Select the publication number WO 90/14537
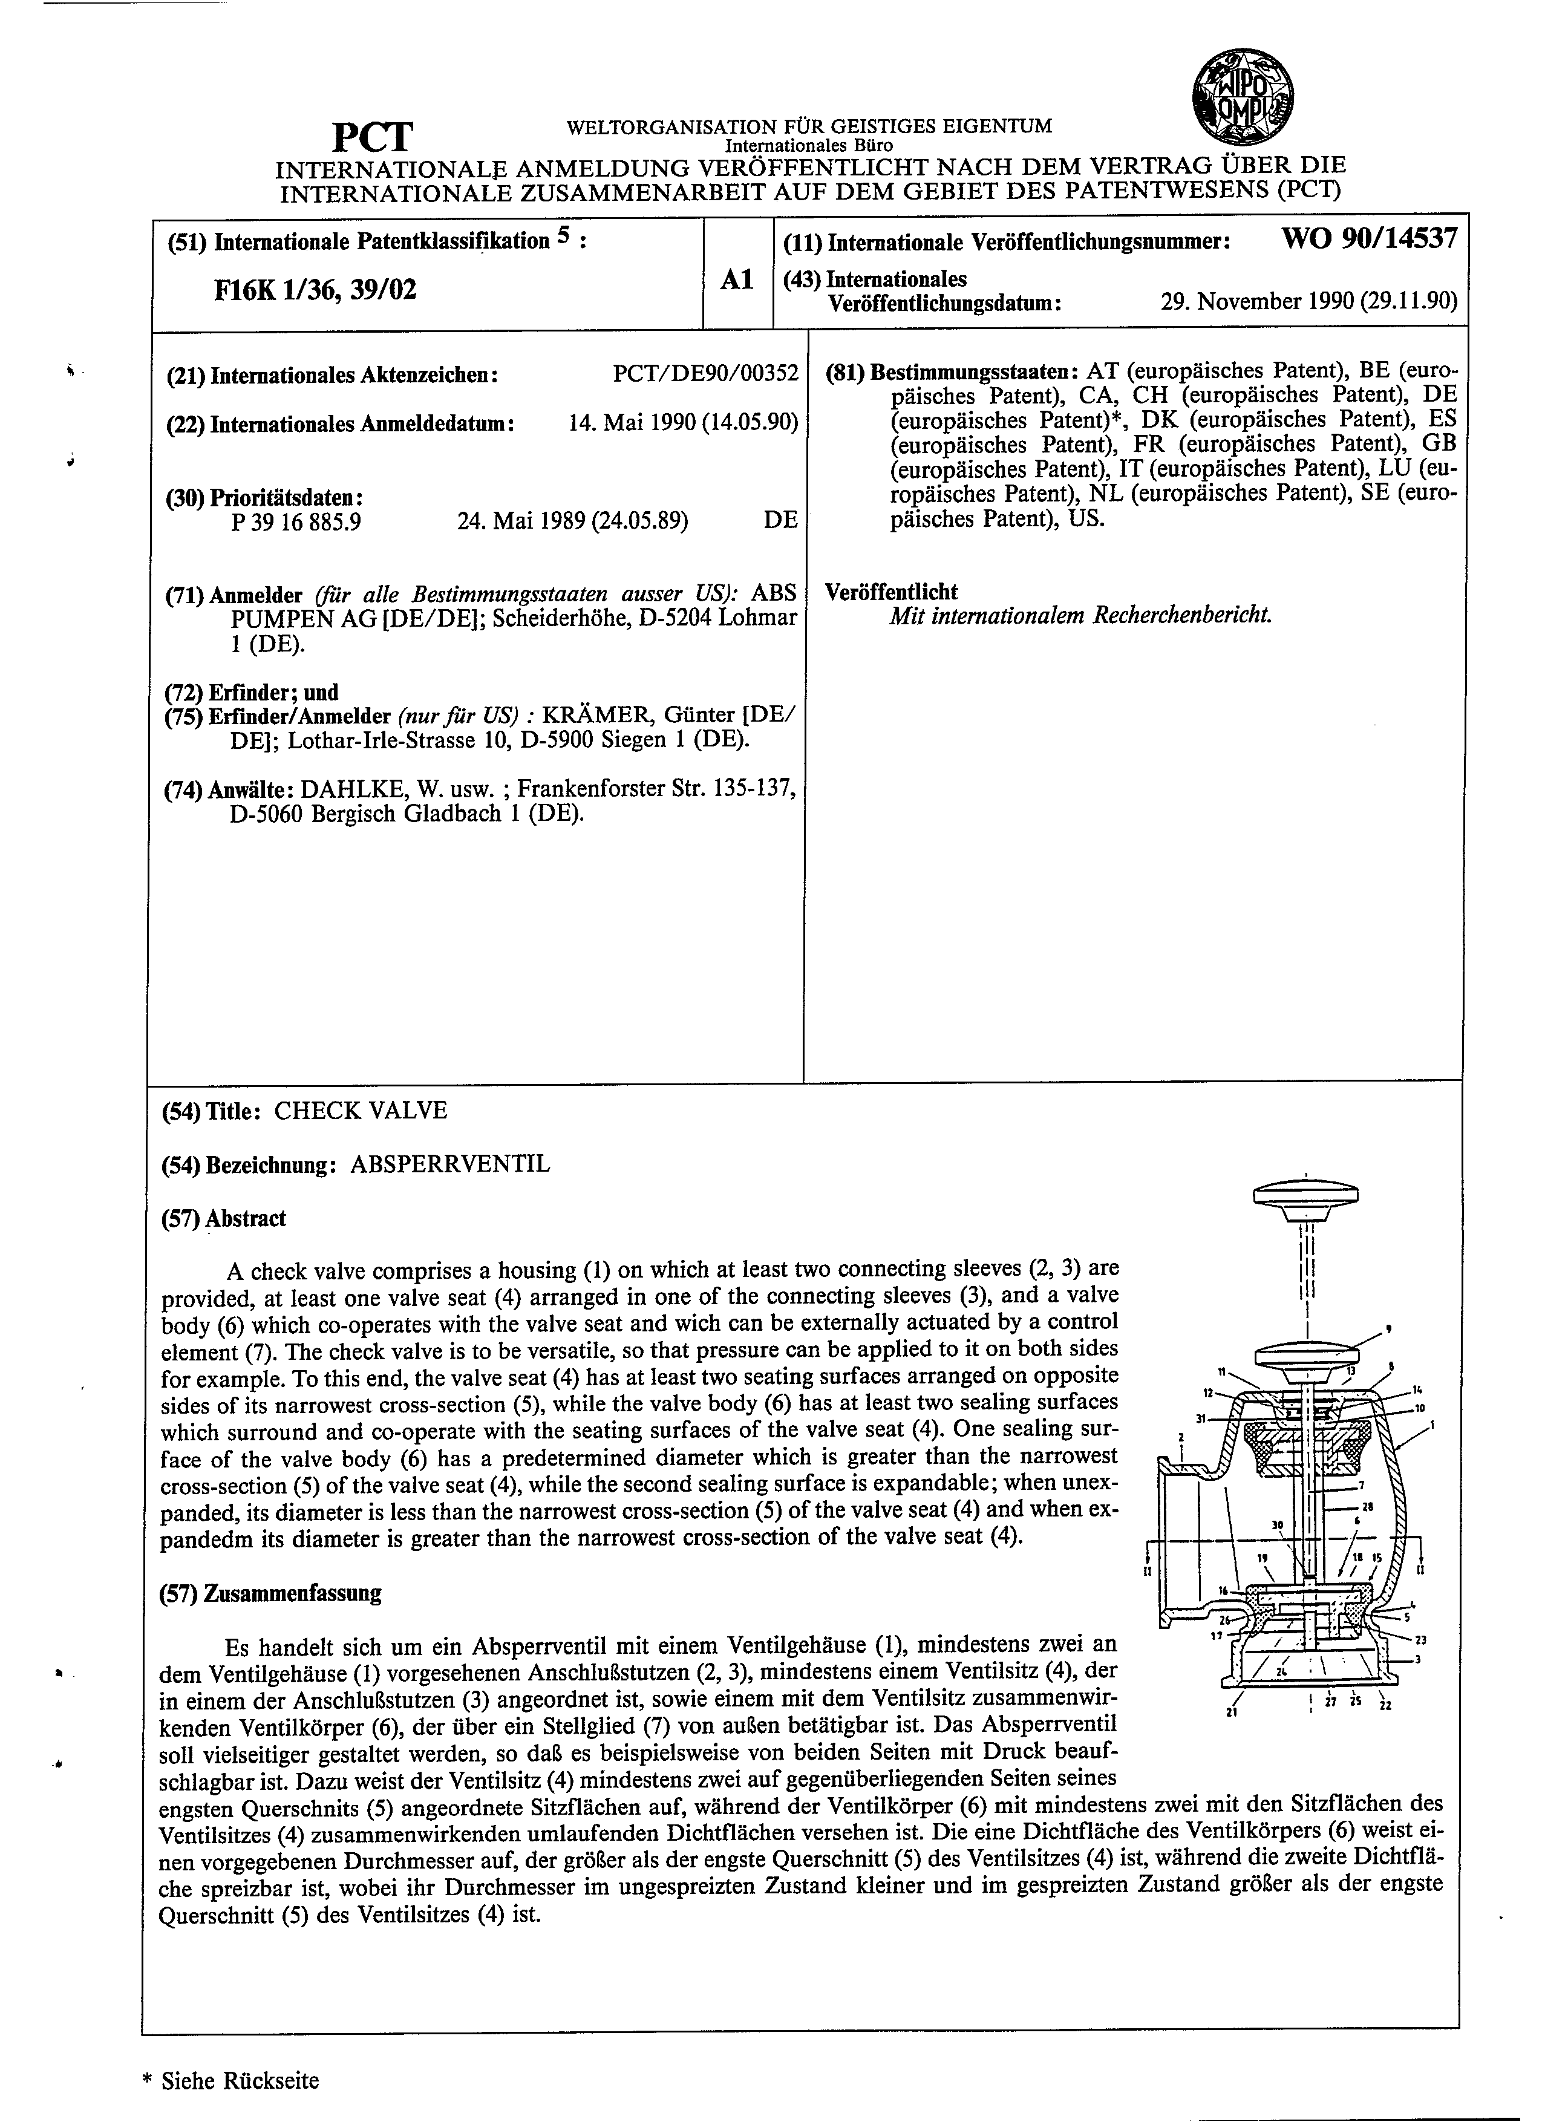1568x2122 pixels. pos(1369,239)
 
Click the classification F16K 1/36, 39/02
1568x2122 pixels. pos(315,289)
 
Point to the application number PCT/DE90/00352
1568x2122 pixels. pos(705,374)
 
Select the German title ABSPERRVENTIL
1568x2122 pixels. pos(450,1164)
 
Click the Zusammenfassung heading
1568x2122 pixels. pos(270,1593)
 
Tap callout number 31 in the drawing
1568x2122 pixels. pos(1201,1418)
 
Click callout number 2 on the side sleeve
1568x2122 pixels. pos(1180,1438)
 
